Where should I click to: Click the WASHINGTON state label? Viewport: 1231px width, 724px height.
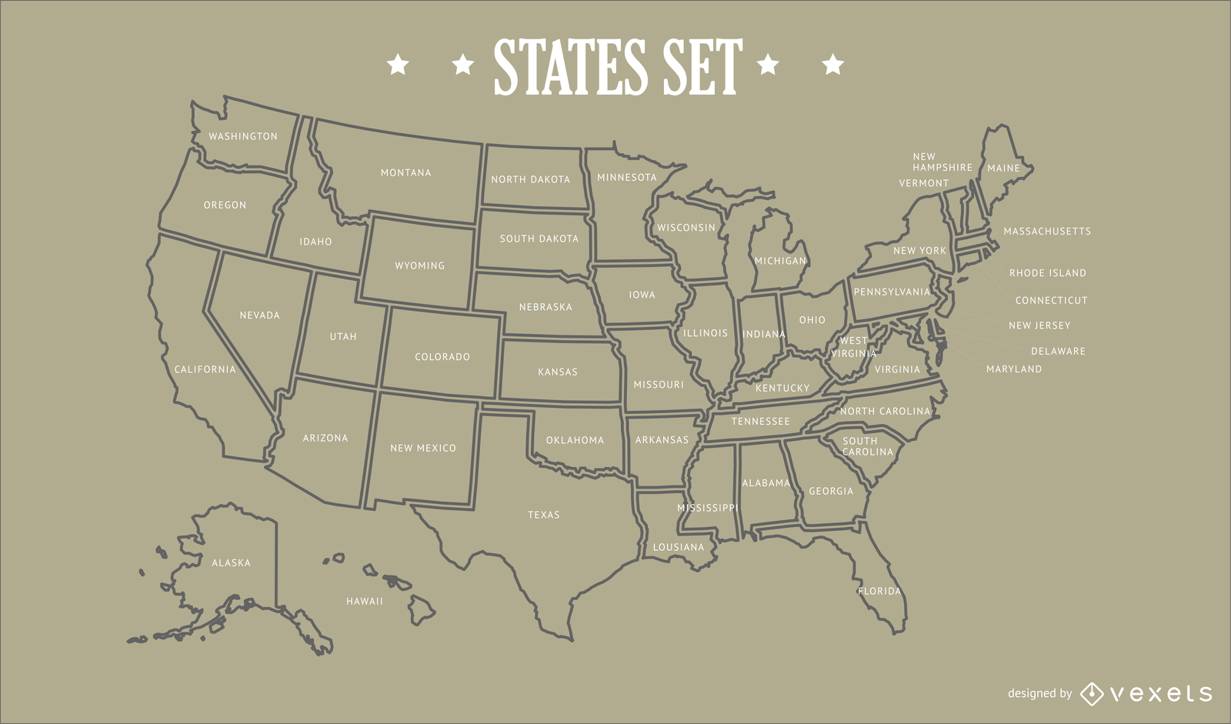(x=243, y=136)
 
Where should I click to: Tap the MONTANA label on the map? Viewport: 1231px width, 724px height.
(x=405, y=172)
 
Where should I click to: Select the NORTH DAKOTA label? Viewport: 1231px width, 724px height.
(x=530, y=179)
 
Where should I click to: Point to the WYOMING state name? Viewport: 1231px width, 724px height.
(x=419, y=265)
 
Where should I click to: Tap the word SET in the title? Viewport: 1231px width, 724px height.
(x=702, y=68)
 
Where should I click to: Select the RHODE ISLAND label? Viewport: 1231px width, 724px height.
(x=1047, y=273)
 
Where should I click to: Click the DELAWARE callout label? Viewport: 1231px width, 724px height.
(x=1058, y=351)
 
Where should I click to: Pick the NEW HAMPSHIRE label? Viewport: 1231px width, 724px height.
(x=942, y=162)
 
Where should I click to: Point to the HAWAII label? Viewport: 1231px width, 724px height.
(x=364, y=601)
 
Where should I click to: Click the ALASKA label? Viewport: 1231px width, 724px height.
(x=231, y=562)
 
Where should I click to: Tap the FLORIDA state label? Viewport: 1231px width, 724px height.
(x=879, y=591)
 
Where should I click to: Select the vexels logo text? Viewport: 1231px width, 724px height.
(x=1161, y=694)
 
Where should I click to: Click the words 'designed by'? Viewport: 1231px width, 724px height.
(x=1039, y=693)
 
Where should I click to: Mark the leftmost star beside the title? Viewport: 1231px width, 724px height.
(x=398, y=64)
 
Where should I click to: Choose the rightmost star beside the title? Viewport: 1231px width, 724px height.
(x=833, y=64)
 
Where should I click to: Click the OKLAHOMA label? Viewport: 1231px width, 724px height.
(x=575, y=440)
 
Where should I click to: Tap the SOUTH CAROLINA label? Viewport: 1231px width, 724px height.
(x=867, y=446)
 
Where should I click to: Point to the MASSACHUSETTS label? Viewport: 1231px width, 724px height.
(x=1046, y=231)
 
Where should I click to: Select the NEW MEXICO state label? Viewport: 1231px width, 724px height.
(x=422, y=448)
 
